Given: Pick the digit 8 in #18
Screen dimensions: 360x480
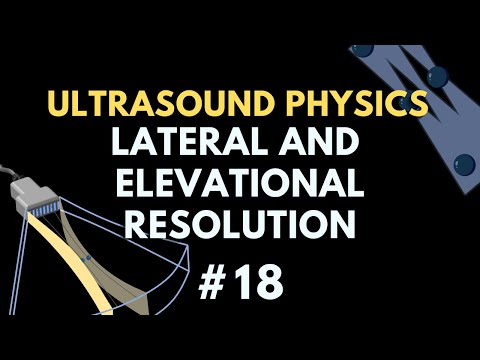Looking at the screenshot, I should pos(268,283).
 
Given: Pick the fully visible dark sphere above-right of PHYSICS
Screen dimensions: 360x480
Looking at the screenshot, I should pos(436,75).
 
